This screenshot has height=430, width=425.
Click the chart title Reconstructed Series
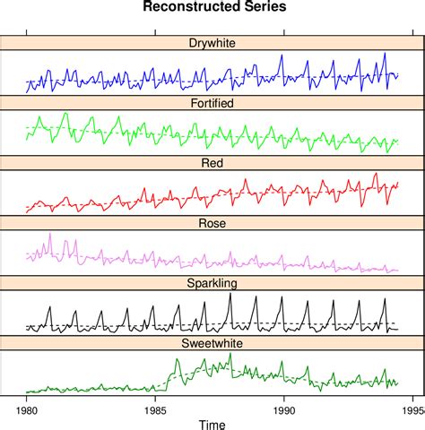point(213,8)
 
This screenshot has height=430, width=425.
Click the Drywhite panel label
point(213,43)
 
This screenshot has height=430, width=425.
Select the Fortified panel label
point(213,103)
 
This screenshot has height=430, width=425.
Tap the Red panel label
point(213,163)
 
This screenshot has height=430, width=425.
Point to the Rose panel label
point(213,223)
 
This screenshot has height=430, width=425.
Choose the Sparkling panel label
point(213,283)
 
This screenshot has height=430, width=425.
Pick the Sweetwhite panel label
point(213,343)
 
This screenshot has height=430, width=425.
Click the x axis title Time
point(212,424)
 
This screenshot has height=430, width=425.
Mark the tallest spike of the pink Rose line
point(50,234)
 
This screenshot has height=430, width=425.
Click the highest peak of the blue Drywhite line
point(385,53)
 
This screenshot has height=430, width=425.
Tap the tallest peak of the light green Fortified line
point(65,114)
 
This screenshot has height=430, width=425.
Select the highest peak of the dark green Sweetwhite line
point(230,354)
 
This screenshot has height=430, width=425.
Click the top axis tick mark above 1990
point(284,32)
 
